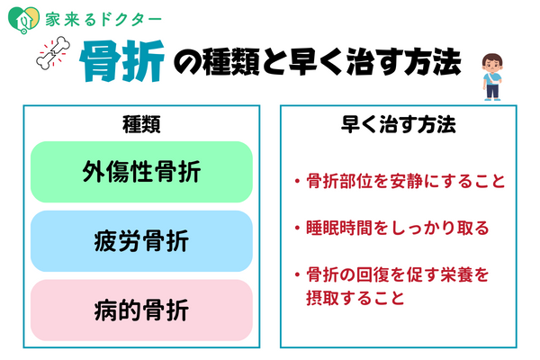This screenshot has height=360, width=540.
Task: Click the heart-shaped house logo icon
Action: (23, 20)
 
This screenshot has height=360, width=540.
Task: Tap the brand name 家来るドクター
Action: (103, 20)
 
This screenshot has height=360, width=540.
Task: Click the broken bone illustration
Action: (53, 53)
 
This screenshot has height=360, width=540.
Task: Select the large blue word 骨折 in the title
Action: (121, 61)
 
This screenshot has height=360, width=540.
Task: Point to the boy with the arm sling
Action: (492, 76)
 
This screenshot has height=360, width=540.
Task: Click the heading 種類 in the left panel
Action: (141, 124)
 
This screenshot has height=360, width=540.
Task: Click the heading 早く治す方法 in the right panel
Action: (399, 124)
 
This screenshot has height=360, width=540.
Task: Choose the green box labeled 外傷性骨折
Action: (141, 172)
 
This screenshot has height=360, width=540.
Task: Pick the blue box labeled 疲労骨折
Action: (141, 241)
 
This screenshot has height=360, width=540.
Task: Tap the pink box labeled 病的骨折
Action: (141, 310)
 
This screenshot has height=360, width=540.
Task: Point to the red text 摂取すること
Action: (355, 298)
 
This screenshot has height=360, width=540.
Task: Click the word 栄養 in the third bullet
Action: (456, 274)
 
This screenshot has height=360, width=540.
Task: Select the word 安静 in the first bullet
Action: (406, 181)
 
